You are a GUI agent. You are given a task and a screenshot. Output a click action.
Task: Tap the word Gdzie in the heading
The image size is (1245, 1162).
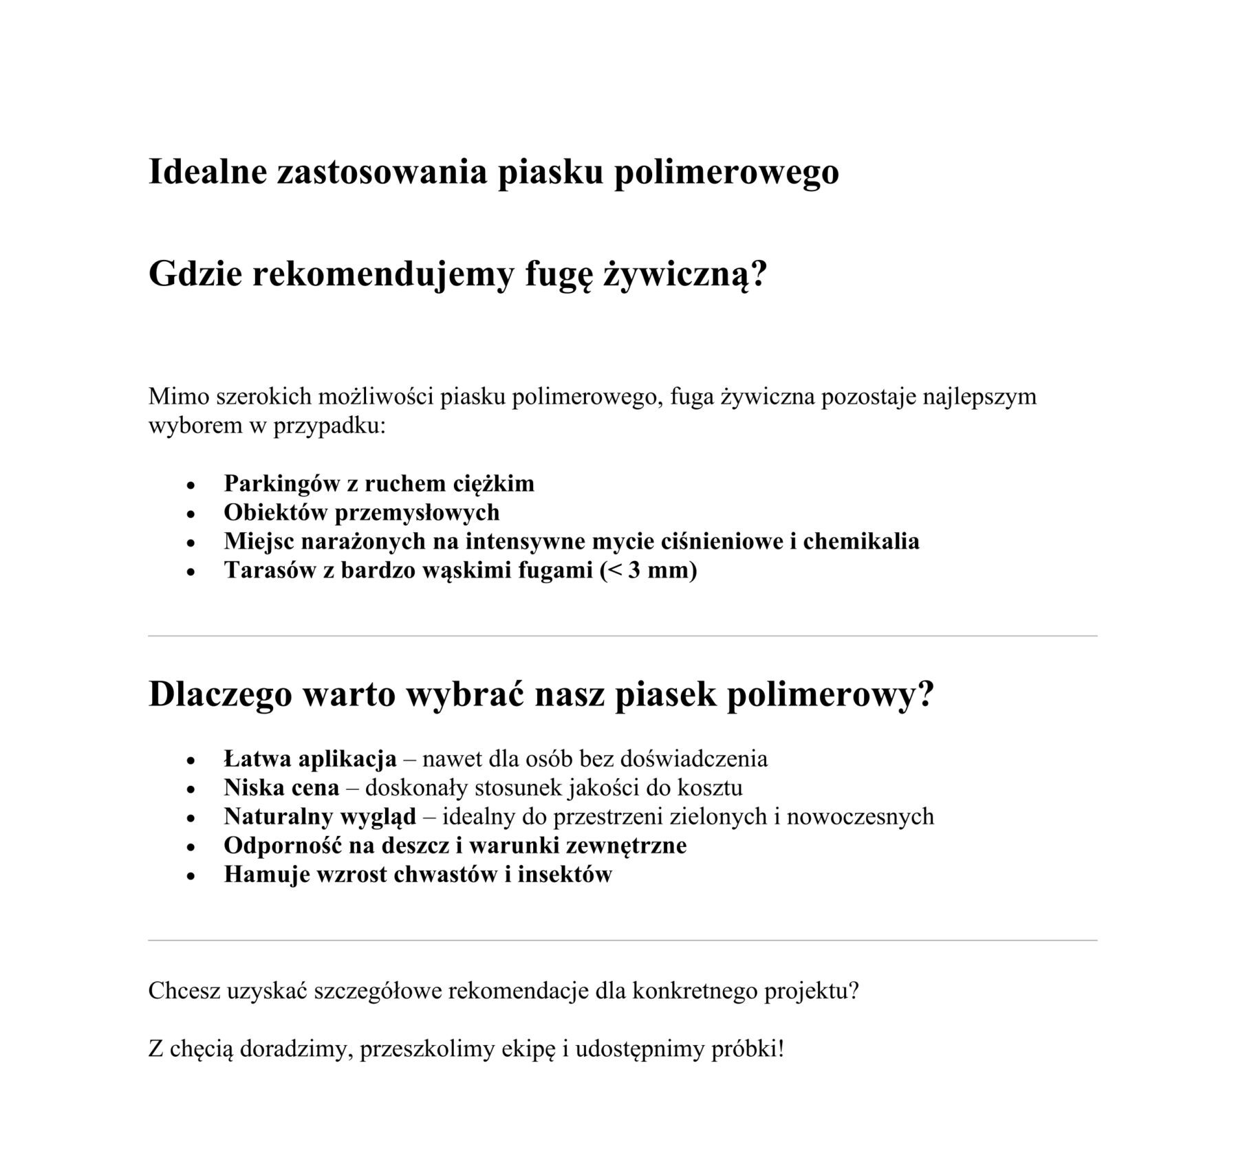[x=194, y=275]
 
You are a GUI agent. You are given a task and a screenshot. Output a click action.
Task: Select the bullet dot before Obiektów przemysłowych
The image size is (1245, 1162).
[x=192, y=514]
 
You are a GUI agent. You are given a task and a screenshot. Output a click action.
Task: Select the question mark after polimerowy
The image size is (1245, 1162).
[x=926, y=694]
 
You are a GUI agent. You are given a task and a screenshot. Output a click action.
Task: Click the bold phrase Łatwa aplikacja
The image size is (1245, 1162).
[x=310, y=758]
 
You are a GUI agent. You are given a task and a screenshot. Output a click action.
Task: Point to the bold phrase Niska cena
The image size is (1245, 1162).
[x=281, y=787]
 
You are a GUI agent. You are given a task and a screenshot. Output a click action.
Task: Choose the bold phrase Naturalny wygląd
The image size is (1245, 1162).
[x=320, y=816]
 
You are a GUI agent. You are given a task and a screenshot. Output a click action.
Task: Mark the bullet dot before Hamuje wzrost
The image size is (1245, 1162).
[x=192, y=876]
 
